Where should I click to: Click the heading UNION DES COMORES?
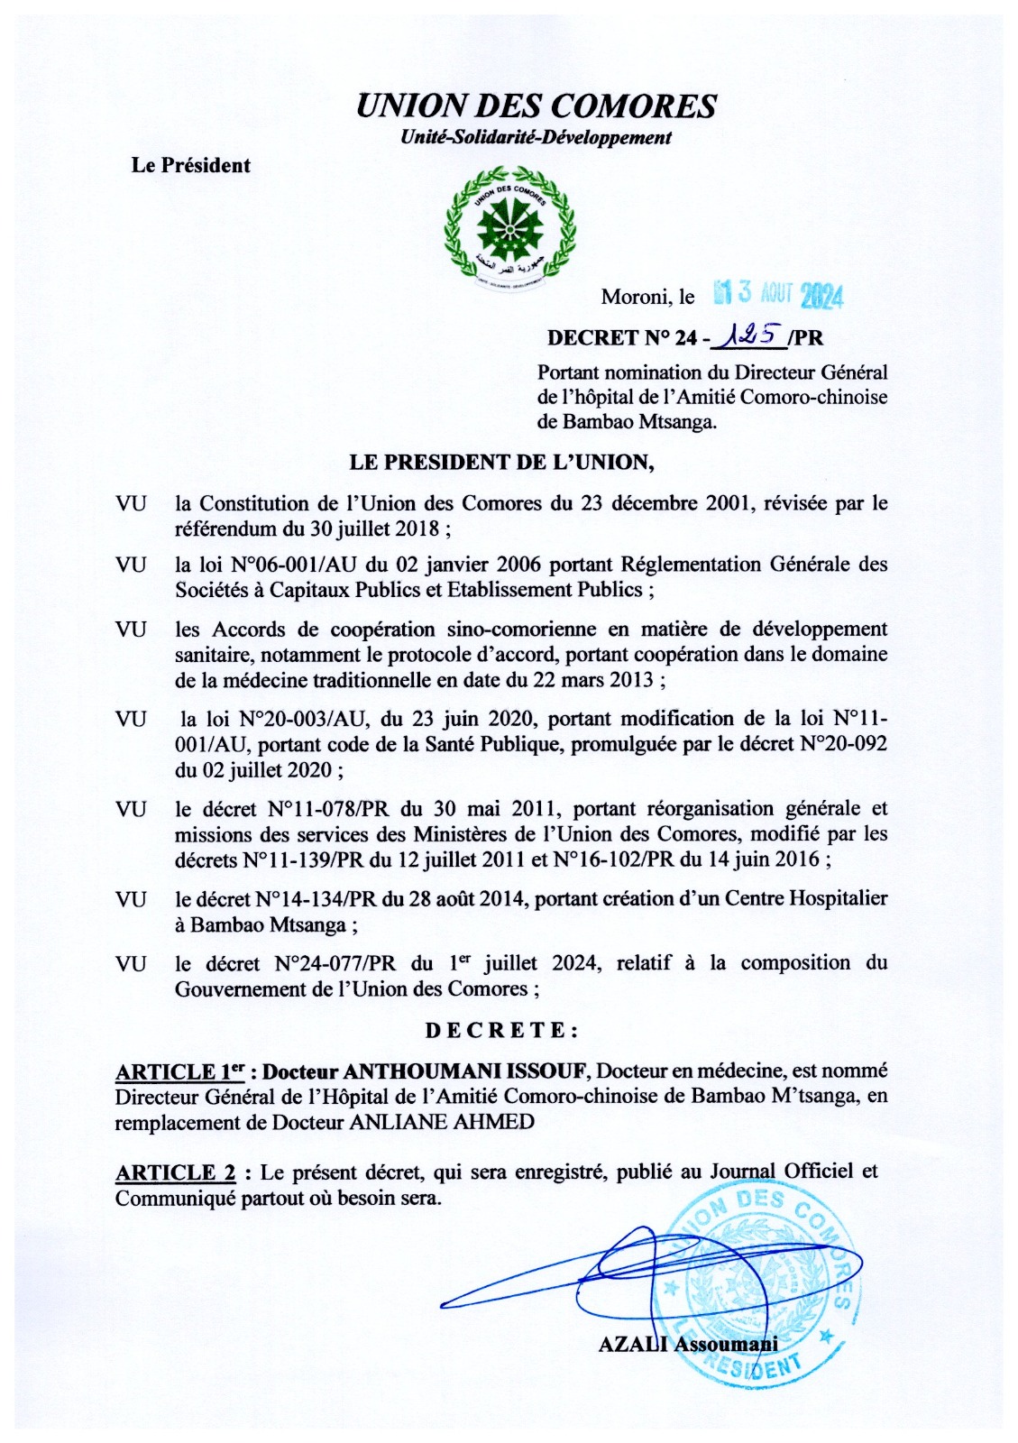click(536, 106)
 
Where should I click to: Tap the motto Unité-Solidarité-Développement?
click(536, 138)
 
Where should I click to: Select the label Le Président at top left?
click(190, 165)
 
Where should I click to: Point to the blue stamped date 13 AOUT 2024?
click(777, 294)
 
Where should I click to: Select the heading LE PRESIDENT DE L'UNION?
click(501, 463)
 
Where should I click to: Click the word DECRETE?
click(501, 1030)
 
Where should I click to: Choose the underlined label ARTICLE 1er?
click(179, 1071)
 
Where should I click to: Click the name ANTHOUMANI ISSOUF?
click(465, 1071)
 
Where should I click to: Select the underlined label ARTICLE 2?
click(176, 1172)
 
